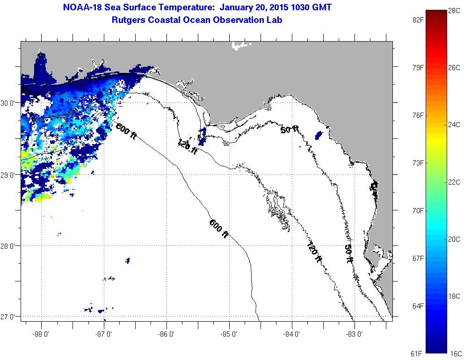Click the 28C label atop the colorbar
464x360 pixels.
(454, 10)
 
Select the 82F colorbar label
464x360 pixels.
(417, 20)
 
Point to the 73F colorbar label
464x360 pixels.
(417, 163)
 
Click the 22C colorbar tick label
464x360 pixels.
(454, 182)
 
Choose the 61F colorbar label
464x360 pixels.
(417, 353)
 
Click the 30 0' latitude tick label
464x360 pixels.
(10, 103)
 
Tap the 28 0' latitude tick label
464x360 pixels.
(10, 246)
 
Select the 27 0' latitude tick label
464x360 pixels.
(10, 317)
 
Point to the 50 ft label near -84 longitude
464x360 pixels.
(289, 130)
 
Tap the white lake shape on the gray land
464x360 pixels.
(240, 45)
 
